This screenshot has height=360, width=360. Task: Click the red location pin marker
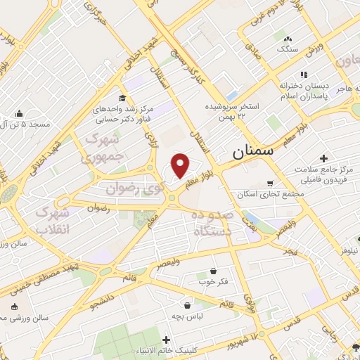181,165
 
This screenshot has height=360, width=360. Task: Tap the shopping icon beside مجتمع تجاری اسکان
270,184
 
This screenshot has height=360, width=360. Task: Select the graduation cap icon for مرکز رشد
123,98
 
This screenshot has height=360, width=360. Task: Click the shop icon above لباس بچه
188,306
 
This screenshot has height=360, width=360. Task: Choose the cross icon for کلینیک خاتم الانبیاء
166,340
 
